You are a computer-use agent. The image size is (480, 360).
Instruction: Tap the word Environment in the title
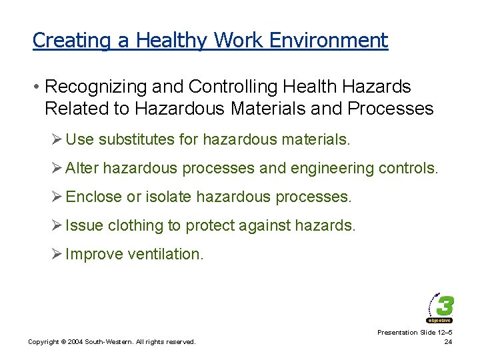pyautogui.click(x=329, y=40)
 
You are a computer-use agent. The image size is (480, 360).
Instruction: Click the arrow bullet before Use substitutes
pyautogui.click(x=57, y=139)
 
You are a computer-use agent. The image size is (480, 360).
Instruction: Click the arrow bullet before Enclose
pyautogui.click(x=57, y=197)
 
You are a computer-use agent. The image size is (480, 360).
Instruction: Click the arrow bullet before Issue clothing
pyautogui.click(x=57, y=225)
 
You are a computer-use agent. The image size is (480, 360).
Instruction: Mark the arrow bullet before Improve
pyautogui.click(x=57, y=254)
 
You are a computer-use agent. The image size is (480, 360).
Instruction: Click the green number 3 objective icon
pyautogui.click(x=441, y=308)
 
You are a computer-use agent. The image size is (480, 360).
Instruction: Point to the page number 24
pyautogui.click(x=448, y=343)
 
